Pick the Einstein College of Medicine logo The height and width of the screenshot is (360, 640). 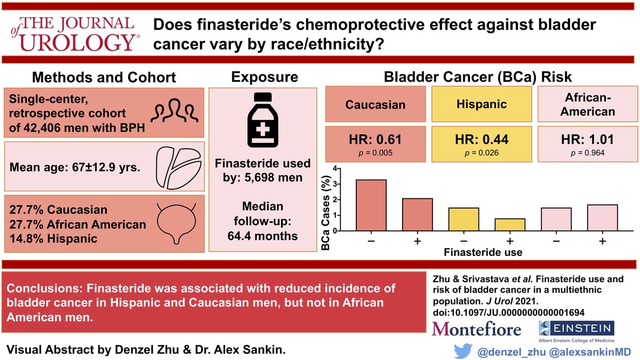click(x=575, y=331)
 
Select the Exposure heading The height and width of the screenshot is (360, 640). click(x=264, y=77)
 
